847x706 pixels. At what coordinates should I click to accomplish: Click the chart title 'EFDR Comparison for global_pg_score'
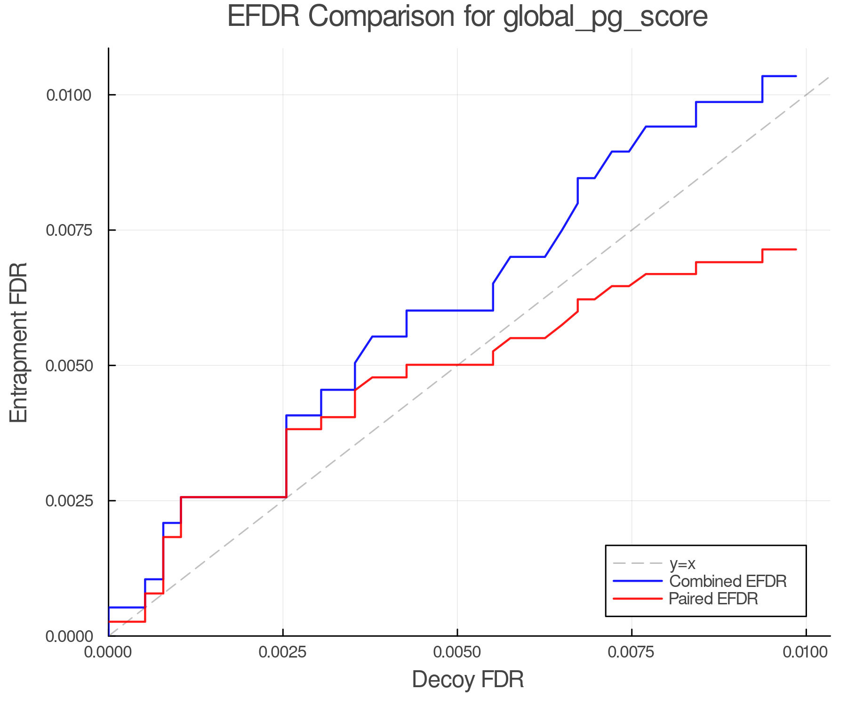point(467,17)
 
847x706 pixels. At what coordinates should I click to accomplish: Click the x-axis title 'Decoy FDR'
point(468,680)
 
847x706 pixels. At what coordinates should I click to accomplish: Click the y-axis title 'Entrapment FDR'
point(19,342)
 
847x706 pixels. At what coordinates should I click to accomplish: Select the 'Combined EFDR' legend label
point(727,581)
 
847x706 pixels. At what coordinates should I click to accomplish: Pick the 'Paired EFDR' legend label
point(713,599)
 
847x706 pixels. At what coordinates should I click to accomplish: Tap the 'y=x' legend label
point(682,563)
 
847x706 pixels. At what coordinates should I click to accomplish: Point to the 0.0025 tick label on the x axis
point(283,652)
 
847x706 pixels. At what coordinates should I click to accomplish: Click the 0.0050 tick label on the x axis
point(457,652)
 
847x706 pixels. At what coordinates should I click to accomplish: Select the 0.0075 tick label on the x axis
point(631,652)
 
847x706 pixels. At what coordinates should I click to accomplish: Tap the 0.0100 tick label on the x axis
point(806,652)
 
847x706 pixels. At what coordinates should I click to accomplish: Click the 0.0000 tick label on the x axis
point(109,652)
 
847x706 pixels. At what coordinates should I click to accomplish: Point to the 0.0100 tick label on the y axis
point(68,95)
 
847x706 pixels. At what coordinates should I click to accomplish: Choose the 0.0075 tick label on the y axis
point(68,230)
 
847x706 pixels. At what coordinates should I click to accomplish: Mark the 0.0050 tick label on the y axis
point(68,366)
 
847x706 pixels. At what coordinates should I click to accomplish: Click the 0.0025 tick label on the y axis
point(68,501)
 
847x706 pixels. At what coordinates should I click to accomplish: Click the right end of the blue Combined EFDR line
point(796,76)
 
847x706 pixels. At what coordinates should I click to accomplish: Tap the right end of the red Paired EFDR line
point(796,249)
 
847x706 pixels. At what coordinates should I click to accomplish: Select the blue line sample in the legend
point(638,581)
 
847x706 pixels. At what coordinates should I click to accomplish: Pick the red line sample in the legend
point(638,599)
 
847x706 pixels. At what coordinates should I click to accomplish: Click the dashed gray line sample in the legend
point(638,563)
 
